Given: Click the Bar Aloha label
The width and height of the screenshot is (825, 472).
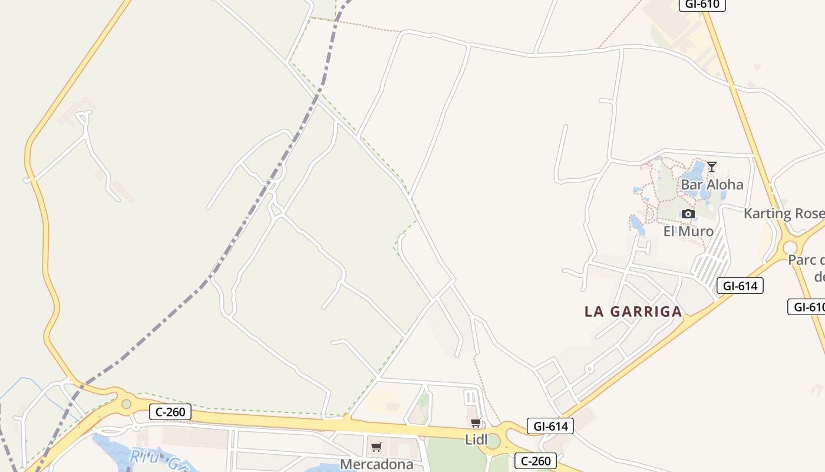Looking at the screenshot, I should tap(712, 185).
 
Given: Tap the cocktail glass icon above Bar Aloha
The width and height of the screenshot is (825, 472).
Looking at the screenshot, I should tap(712, 167).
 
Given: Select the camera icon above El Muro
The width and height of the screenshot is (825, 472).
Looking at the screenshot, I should tap(688, 214).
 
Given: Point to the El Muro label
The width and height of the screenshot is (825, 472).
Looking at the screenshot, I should tap(688, 231).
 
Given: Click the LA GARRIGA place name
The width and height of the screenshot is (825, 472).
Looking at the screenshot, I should tap(633, 312).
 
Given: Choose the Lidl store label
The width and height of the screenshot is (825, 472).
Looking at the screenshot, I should tap(476, 440).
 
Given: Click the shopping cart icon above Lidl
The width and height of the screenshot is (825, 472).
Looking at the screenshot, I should tap(476, 422).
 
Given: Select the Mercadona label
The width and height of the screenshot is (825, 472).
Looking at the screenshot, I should tap(377, 464).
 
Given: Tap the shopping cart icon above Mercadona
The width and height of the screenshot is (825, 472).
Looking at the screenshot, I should tap(377, 447).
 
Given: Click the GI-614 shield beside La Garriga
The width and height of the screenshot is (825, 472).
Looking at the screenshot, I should tap(740, 286).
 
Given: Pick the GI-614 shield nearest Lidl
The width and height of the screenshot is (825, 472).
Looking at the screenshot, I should tap(550, 426).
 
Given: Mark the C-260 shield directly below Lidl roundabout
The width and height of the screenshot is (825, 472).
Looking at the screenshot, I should tap(536, 461).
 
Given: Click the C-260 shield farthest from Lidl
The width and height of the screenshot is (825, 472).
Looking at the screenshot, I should tap(170, 411).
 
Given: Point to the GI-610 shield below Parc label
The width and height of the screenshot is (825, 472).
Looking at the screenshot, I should tap(807, 307).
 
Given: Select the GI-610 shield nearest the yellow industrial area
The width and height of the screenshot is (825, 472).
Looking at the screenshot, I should tap(702, 5).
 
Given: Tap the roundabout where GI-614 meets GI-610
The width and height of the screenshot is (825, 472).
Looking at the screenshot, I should tap(789, 246).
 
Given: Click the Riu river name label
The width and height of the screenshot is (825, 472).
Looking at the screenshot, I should tap(150, 458).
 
